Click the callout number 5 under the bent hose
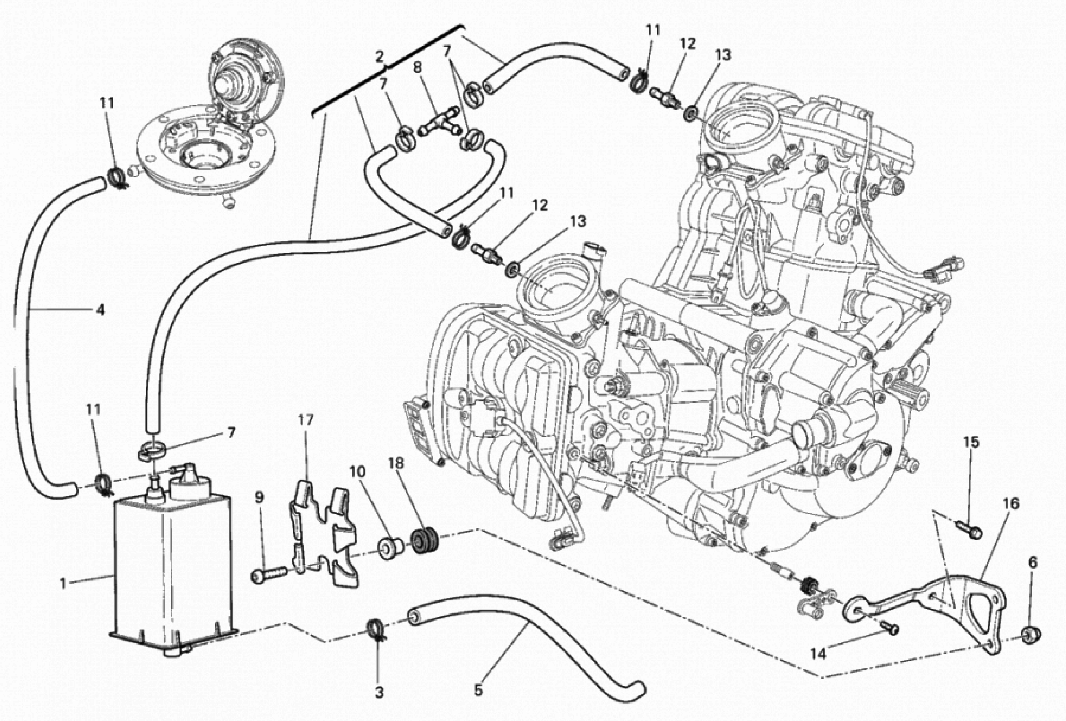[x=478, y=690]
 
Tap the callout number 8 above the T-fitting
[x=417, y=68]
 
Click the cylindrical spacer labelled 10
[x=389, y=548]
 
